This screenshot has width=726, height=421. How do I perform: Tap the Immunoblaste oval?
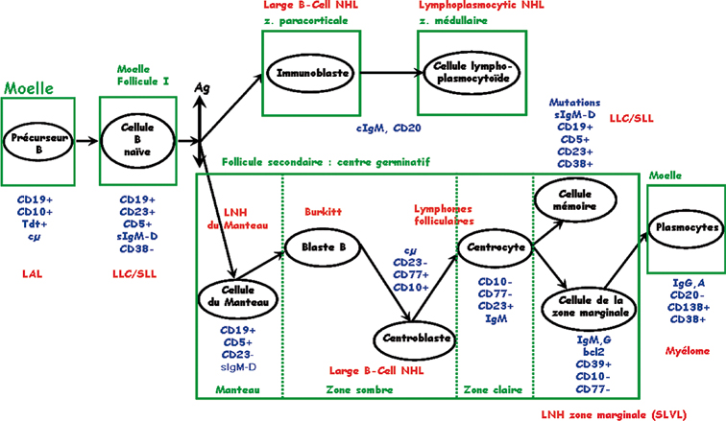(x=307, y=72)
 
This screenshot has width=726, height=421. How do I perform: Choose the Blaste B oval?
(x=325, y=246)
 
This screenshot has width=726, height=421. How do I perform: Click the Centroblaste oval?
(x=413, y=337)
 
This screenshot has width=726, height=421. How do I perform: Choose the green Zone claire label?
(x=493, y=390)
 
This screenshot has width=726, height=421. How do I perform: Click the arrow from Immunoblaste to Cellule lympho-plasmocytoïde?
(x=383, y=72)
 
